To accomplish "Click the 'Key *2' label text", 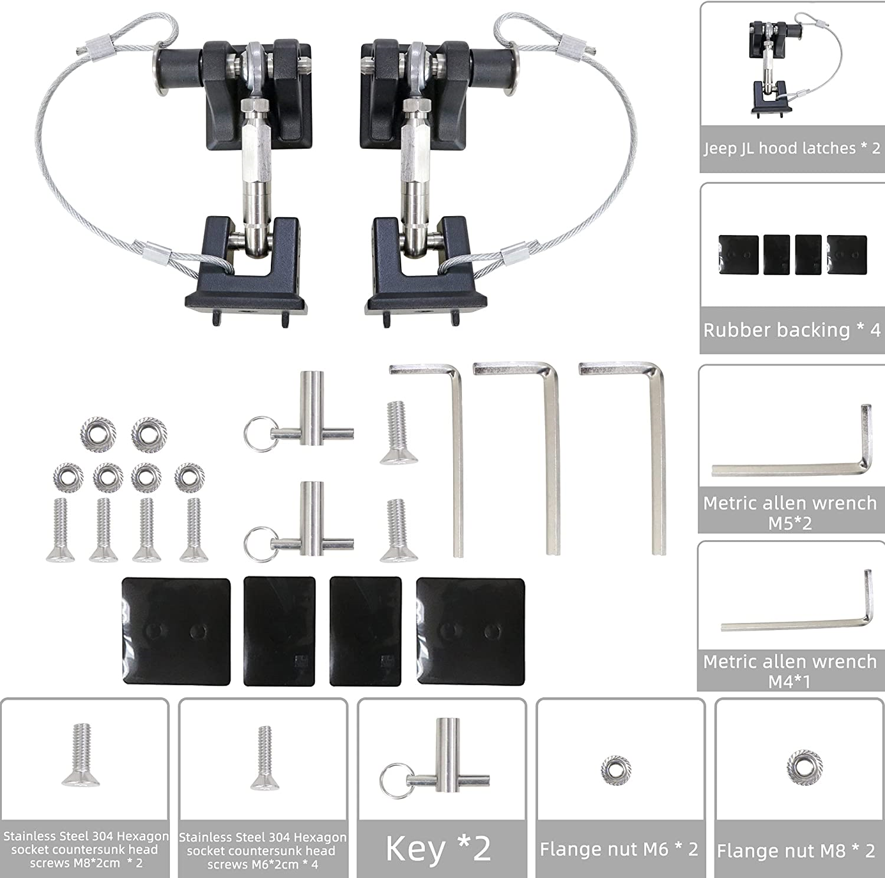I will point(438,848).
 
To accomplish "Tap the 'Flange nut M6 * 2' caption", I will point(619,849).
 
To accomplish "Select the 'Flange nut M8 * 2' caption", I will point(795,850).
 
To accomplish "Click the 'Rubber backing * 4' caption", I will point(792,329).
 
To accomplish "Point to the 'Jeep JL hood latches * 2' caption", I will point(792,148).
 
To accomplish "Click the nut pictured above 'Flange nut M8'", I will point(801,766).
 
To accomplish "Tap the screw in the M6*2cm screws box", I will point(264,761).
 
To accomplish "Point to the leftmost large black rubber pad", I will point(176,631).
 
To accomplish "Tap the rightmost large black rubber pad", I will point(470,631).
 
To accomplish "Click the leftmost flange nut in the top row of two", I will point(98,434).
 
